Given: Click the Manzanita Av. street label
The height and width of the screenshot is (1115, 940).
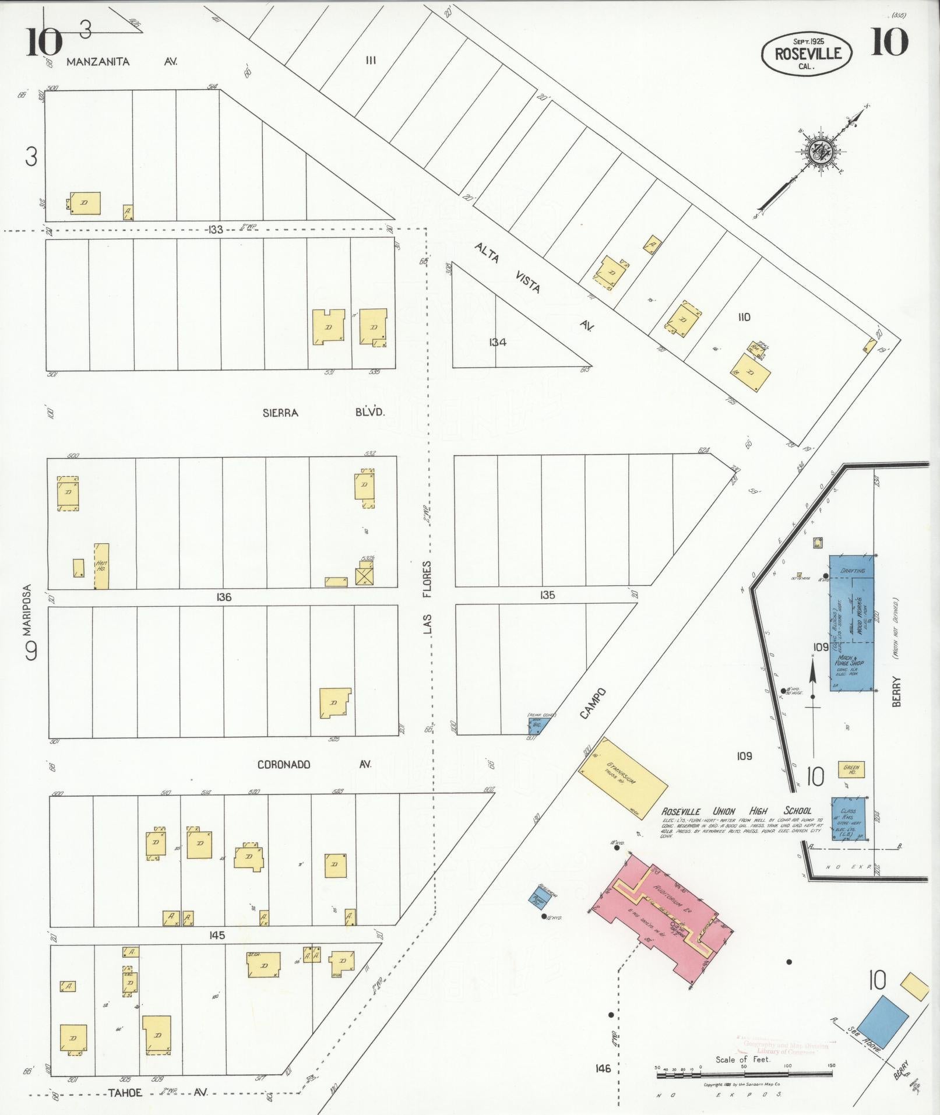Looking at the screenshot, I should (x=121, y=61).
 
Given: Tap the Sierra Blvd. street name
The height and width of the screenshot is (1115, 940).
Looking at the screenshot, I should (x=324, y=413).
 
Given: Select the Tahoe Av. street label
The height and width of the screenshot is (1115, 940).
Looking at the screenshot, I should (x=157, y=1092).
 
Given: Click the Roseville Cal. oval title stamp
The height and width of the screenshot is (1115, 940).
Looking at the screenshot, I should (x=807, y=54).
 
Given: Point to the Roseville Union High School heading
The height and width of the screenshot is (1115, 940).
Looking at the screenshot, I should (x=735, y=811).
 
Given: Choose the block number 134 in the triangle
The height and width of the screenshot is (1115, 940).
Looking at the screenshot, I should (x=497, y=342).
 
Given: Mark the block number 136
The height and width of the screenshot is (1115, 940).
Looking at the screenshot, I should (x=224, y=597).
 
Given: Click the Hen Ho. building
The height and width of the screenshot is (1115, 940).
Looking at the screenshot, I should (x=101, y=565).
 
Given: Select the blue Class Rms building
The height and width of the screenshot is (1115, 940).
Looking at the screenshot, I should (x=848, y=818).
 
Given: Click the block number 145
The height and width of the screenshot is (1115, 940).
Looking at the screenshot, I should (x=216, y=935).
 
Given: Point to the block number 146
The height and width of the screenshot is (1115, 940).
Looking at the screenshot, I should (x=603, y=1068).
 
